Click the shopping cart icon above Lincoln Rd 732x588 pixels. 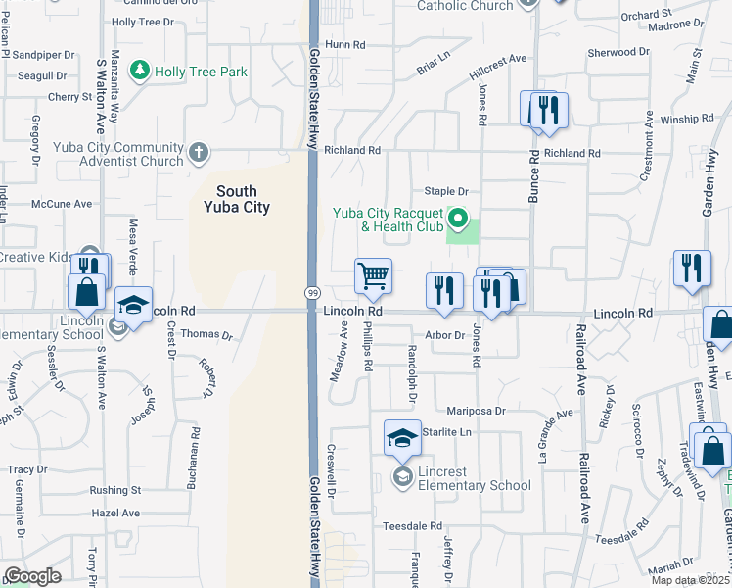tap(373, 277)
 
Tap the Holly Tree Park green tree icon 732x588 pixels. tap(141, 71)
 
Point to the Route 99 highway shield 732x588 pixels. tap(312, 294)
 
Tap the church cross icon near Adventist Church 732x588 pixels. tap(199, 152)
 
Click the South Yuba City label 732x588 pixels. tap(237, 199)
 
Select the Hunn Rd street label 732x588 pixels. tap(344, 44)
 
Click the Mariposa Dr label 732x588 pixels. tap(476, 411)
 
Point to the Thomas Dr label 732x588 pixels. tap(206, 334)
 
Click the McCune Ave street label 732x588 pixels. tap(61, 204)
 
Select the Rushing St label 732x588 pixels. tap(115, 490)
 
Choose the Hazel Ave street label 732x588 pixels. tap(115, 513)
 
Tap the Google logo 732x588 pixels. tap(32, 575)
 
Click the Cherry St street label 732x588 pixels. tap(69, 97)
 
